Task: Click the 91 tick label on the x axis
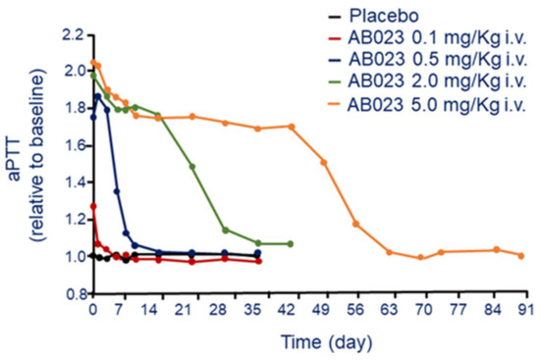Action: (x=525, y=311)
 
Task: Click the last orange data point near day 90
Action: (x=521, y=255)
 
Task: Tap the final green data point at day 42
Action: (x=291, y=243)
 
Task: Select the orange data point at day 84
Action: (x=497, y=250)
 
